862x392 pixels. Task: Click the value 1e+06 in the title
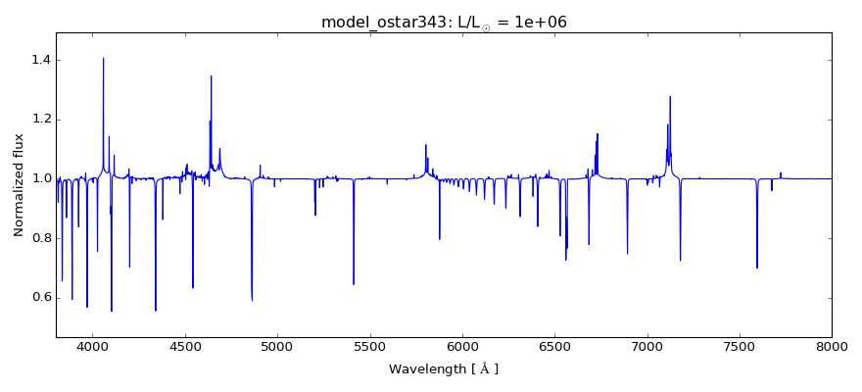[537, 23]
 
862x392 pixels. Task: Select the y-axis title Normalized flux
[19, 185]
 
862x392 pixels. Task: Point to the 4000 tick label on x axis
[93, 346]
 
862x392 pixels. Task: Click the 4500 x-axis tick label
[185, 346]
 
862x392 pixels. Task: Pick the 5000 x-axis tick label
[277, 346]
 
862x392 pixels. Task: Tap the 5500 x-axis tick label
[369, 346]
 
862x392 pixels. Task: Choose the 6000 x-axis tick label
[462, 346]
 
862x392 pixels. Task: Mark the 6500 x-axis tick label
[554, 346]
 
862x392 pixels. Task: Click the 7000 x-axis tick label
[646, 346]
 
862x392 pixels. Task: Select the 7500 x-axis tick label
[739, 346]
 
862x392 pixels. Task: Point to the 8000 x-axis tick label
[831, 346]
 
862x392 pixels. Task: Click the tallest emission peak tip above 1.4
[104, 58]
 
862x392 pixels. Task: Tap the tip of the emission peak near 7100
[670, 96]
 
